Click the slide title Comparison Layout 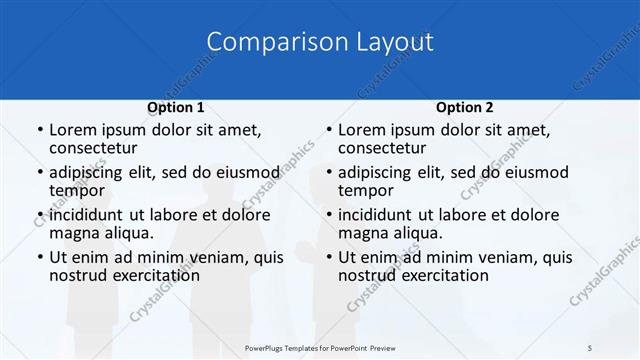[x=320, y=42]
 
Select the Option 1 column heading [x=175, y=107]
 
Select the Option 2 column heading [x=464, y=107]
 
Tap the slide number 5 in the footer [x=590, y=348]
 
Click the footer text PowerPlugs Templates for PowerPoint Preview [x=320, y=348]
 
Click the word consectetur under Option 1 [x=92, y=149]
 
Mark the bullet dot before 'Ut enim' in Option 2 [x=327, y=257]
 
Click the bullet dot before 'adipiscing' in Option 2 [x=327, y=173]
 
